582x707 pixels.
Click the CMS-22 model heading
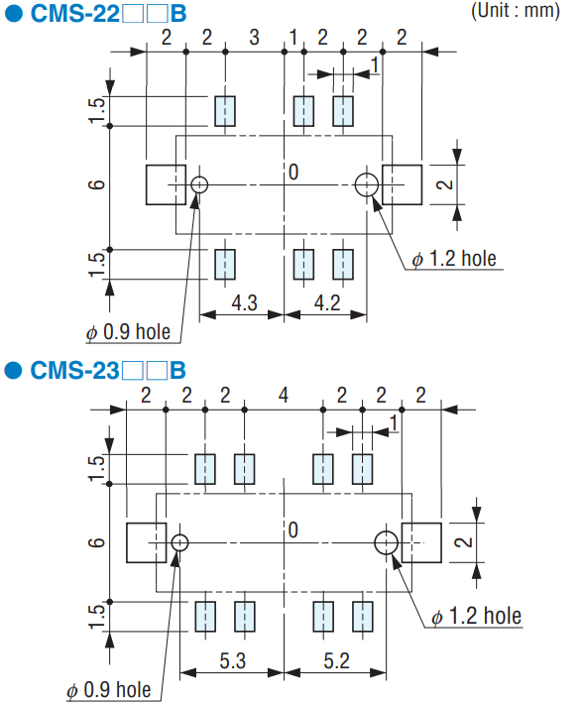(x=108, y=14)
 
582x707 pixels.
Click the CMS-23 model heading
(x=108, y=370)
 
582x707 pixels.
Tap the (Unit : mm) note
(x=516, y=10)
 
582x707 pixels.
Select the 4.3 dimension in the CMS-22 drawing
(x=244, y=302)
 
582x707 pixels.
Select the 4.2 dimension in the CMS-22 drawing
(x=327, y=302)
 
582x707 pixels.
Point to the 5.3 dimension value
(x=233, y=661)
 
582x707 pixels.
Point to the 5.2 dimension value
(x=336, y=661)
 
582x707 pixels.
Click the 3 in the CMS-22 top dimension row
(x=254, y=38)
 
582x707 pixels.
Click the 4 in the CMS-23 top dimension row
(x=284, y=396)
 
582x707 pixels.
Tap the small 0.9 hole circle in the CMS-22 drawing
(x=199, y=184)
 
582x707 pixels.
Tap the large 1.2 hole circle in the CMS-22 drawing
(x=367, y=184)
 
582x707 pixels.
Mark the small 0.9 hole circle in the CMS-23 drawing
(x=179, y=542)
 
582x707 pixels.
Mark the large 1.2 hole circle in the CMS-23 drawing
(x=387, y=542)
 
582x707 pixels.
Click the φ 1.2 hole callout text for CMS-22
(x=454, y=259)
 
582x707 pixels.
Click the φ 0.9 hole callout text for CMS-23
(x=109, y=690)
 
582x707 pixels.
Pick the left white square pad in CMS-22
(x=166, y=184)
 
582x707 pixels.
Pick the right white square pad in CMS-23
(x=421, y=542)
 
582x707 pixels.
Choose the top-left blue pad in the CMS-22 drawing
(x=225, y=111)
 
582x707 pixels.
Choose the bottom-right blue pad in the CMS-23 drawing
(x=363, y=617)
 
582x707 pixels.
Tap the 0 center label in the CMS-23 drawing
(x=293, y=530)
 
